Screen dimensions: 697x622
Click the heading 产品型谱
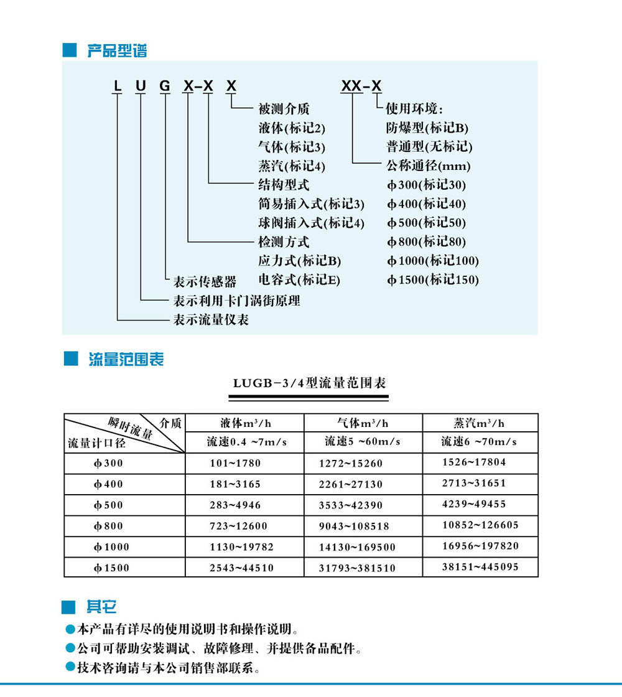tap(117, 51)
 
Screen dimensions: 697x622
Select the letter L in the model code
tap(116, 85)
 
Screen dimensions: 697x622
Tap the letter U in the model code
tap(141, 85)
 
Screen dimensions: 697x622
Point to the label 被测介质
tap(284, 110)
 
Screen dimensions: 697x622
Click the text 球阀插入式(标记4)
tap(311, 223)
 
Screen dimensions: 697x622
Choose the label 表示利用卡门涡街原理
tap(236, 301)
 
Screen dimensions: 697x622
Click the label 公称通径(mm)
tap(428, 166)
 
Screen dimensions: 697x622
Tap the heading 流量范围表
tap(126, 360)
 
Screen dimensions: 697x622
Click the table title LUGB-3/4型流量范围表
tap(310, 383)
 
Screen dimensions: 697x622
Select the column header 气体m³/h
tap(363, 423)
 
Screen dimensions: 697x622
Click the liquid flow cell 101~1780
tap(235, 463)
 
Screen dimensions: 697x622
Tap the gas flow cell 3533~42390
tap(351, 505)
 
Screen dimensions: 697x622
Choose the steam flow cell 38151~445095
tap(480, 567)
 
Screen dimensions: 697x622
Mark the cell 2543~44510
tap(241, 568)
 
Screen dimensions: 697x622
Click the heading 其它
tap(101, 607)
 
